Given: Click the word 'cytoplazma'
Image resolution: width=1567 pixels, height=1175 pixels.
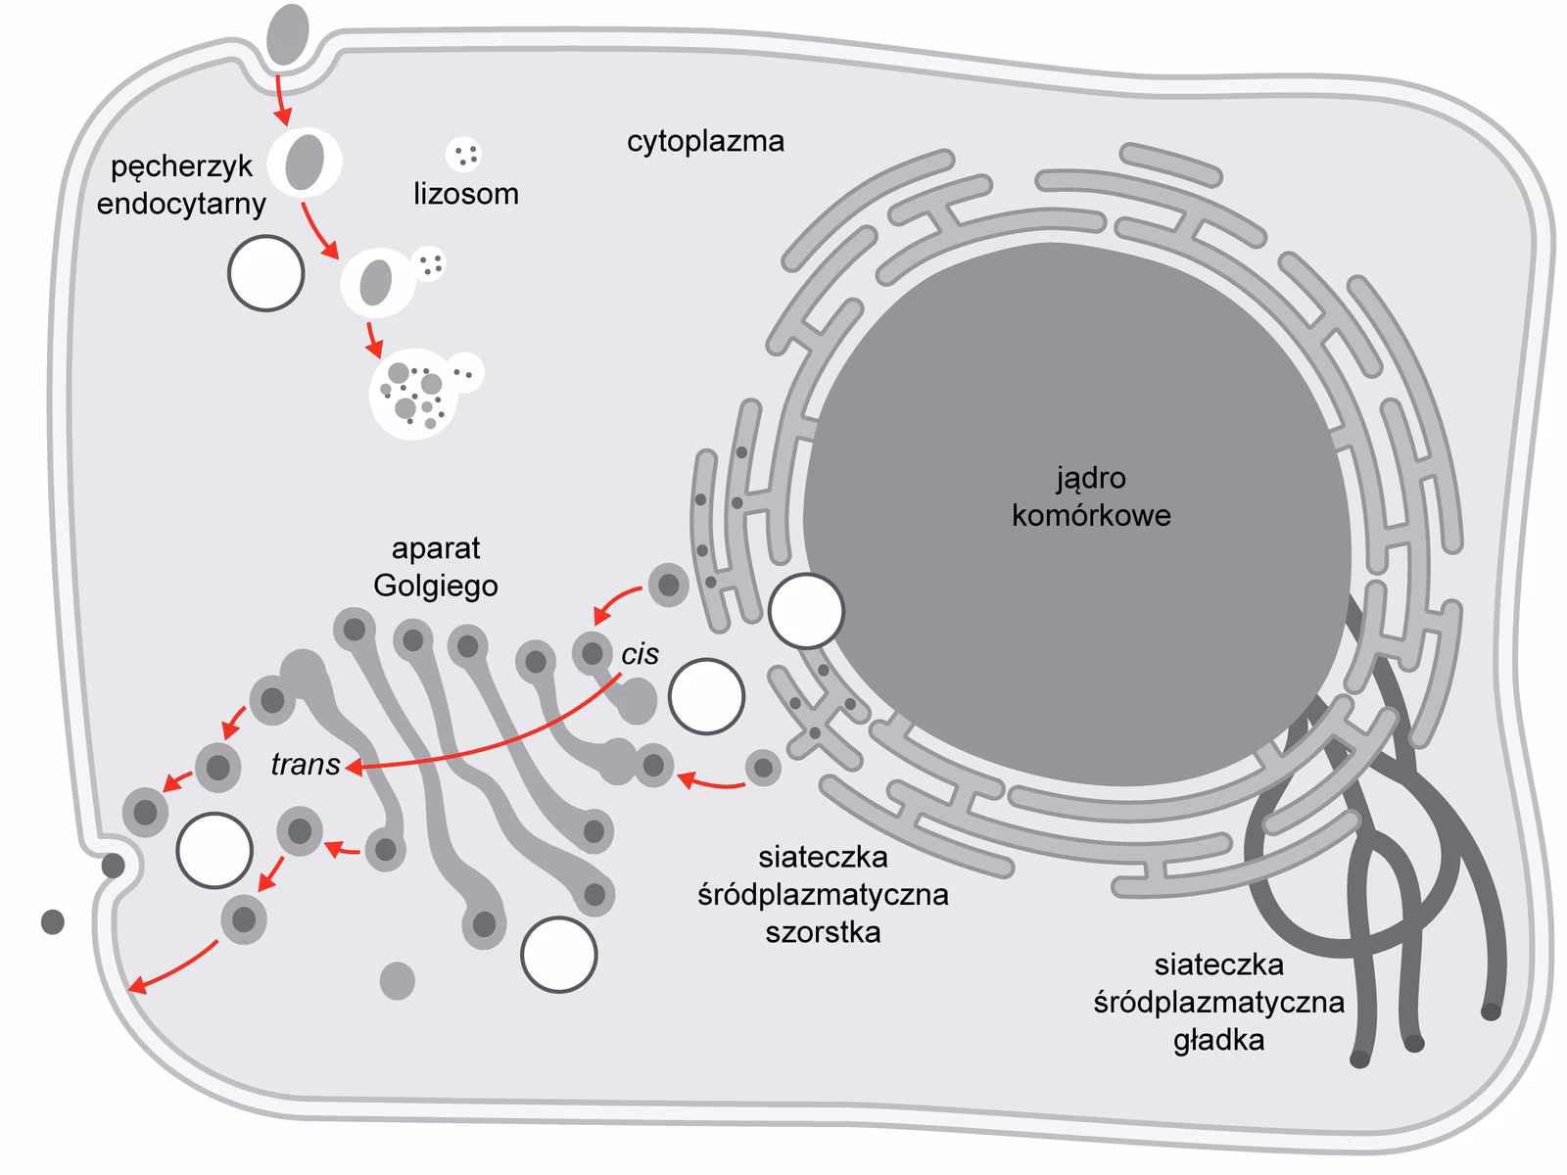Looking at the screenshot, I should pyautogui.click(x=705, y=142).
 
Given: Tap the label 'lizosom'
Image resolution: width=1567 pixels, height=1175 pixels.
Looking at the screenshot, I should pyautogui.click(x=465, y=194).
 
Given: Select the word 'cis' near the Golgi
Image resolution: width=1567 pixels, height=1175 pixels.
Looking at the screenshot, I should pyautogui.click(x=640, y=654).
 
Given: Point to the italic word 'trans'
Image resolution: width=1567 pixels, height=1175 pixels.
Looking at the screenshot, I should pyautogui.click(x=305, y=765).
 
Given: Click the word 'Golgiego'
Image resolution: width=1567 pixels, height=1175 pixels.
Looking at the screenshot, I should pyautogui.click(x=436, y=586).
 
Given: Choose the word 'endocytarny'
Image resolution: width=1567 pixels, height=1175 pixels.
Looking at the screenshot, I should pyautogui.click(x=181, y=204).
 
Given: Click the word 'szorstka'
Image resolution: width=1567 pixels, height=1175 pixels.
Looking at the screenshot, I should pyautogui.click(x=823, y=931).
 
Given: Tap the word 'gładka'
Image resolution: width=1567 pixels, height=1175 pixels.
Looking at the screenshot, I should pyautogui.click(x=1218, y=1039).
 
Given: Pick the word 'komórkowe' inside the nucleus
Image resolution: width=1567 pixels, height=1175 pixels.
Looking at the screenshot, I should pyautogui.click(x=1091, y=515).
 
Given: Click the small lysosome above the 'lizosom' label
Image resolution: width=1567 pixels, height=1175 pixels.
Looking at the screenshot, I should pyautogui.click(x=463, y=154).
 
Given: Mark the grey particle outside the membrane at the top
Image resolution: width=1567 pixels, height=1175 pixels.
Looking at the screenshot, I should pyautogui.click(x=288, y=29).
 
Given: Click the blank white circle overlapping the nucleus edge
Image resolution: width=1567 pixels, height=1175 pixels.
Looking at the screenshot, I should pyautogui.click(x=806, y=611).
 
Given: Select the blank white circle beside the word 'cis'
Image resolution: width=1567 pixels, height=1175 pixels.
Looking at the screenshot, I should pyautogui.click(x=706, y=696).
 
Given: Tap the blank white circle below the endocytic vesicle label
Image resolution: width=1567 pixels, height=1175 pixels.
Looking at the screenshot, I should pyautogui.click(x=265, y=273).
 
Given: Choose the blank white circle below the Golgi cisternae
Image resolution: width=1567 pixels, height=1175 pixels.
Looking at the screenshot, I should pyautogui.click(x=558, y=955).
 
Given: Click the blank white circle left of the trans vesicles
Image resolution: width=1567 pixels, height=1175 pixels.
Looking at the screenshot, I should pyautogui.click(x=214, y=850).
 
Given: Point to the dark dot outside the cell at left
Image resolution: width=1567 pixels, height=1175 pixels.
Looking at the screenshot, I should pyautogui.click(x=52, y=921).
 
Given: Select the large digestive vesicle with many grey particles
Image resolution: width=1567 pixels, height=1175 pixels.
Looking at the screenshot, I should pyautogui.click(x=413, y=394).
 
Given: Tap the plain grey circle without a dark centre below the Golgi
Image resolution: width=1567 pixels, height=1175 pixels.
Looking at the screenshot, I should pyautogui.click(x=397, y=980).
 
